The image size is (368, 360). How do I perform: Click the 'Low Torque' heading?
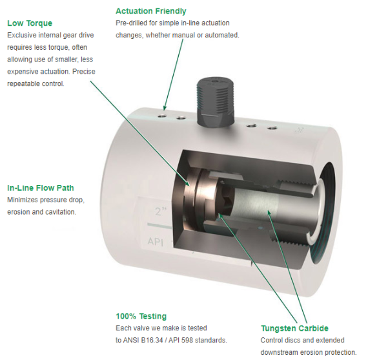30,23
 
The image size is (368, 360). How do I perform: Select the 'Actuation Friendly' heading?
151,11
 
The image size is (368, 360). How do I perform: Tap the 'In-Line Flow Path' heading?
41,188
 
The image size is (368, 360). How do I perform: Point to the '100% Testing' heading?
141,316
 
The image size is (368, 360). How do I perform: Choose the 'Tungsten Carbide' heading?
294,328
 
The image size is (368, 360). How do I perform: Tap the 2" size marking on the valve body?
161,212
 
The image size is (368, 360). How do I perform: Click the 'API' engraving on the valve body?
156,241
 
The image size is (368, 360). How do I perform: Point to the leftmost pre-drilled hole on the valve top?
163,116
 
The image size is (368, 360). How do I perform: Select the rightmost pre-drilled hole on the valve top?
272,129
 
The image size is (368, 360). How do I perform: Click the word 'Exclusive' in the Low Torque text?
21,36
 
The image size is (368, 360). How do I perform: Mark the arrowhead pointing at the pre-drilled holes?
165,108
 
